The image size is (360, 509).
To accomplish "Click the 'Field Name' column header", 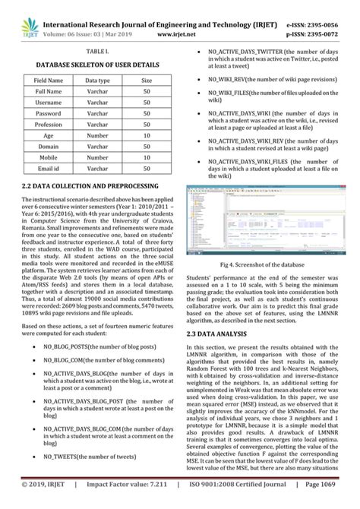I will [x=49, y=80].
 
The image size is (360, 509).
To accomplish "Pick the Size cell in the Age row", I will [x=147, y=134].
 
